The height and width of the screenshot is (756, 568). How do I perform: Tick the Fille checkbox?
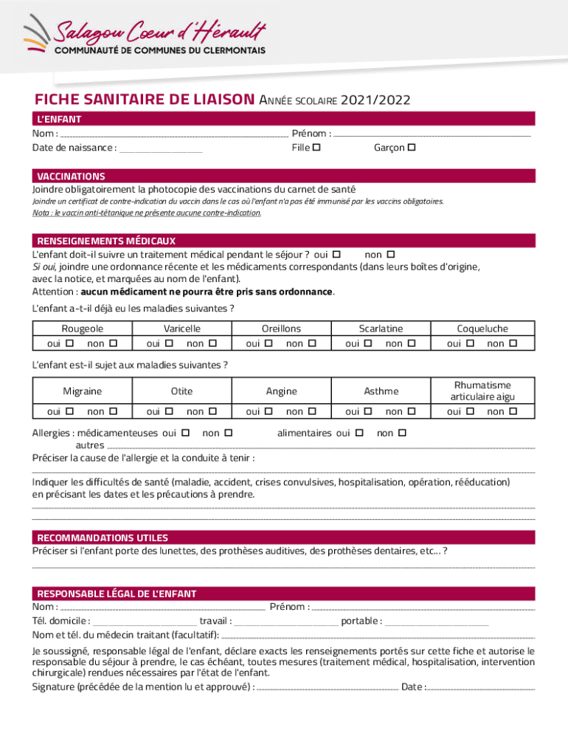click(x=316, y=148)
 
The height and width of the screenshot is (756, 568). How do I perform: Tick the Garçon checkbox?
click(x=412, y=148)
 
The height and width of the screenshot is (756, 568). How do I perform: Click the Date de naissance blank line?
click(x=161, y=150)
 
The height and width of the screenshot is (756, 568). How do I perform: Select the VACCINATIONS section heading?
click(x=72, y=176)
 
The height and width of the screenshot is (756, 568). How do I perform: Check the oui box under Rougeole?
click(x=69, y=343)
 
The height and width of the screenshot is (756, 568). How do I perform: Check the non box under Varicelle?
click(x=212, y=343)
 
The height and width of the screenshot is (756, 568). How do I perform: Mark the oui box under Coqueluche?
click(x=470, y=343)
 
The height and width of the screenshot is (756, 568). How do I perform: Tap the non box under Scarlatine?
click(x=411, y=343)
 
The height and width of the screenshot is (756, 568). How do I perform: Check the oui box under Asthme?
click(x=371, y=411)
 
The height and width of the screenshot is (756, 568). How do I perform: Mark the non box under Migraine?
click(x=113, y=411)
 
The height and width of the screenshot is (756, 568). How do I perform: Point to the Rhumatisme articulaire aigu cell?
click(x=483, y=391)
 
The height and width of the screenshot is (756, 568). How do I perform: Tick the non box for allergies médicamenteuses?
click(x=228, y=433)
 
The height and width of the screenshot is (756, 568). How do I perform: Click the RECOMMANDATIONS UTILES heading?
click(x=103, y=537)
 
